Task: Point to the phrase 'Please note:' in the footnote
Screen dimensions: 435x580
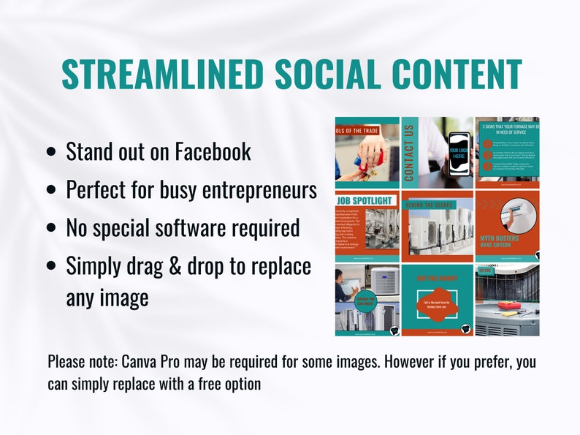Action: pyautogui.click(x=81, y=362)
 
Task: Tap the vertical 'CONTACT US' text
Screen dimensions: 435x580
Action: pyautogui.click(x=408, y=152)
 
